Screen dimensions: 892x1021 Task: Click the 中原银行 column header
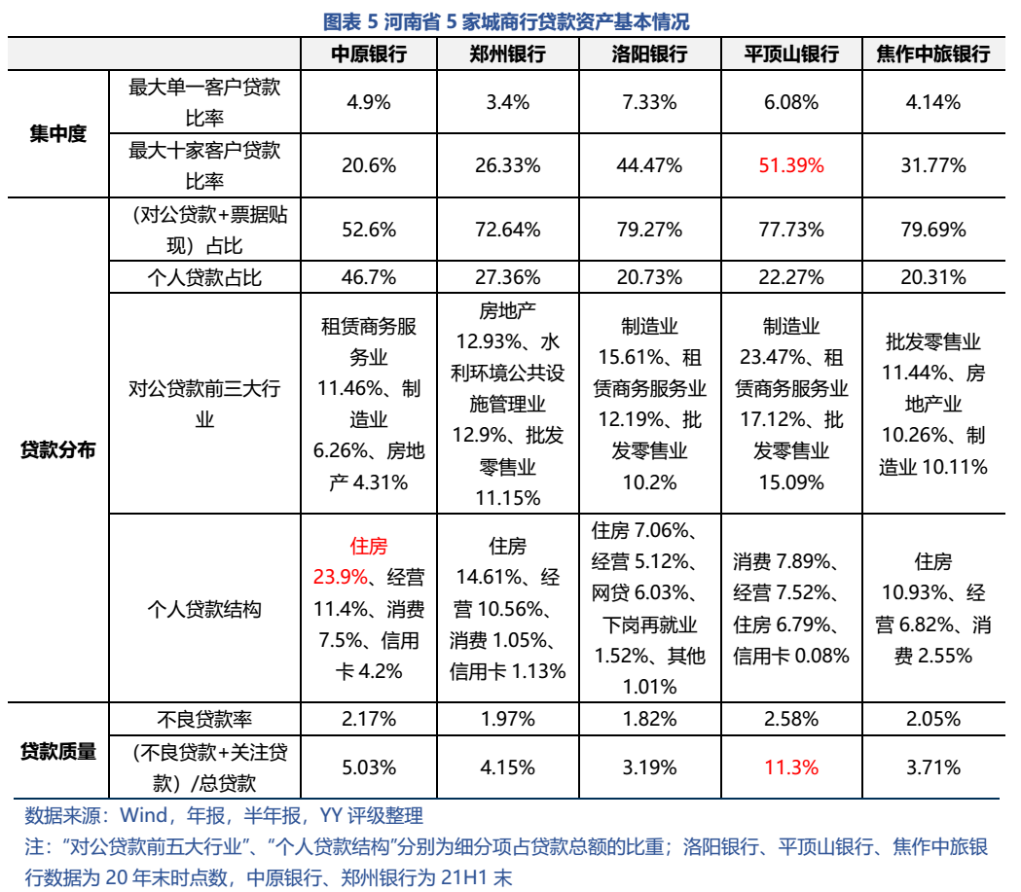369,54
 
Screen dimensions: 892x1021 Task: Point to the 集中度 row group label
57,134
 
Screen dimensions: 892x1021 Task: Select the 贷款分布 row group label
57,450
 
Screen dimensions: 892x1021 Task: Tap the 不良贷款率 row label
204,720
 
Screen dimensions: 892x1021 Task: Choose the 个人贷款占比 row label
204,278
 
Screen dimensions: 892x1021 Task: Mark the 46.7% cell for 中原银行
369,278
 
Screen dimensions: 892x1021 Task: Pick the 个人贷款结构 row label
204,610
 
